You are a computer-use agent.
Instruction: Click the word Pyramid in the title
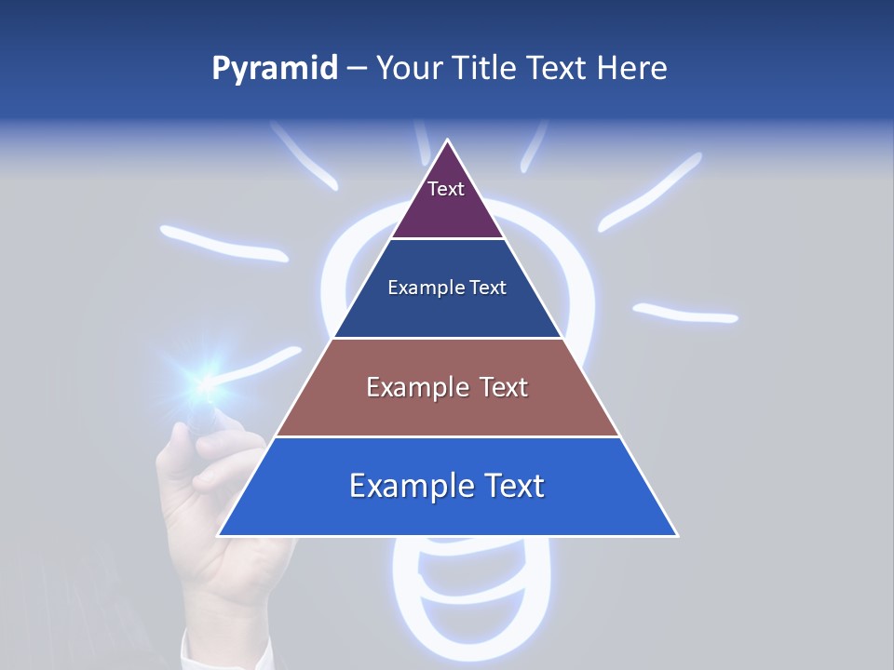coord(274,69)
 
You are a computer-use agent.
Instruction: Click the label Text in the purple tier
coord(445,189)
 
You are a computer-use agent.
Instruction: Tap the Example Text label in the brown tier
coord(447,387)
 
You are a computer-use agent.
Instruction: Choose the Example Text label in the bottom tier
coord(447,486)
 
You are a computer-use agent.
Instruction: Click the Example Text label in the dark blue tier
coord(447,288)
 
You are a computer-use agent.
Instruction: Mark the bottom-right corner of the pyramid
coord(676,535)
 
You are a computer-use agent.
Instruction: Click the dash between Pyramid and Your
coord(356,69)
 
